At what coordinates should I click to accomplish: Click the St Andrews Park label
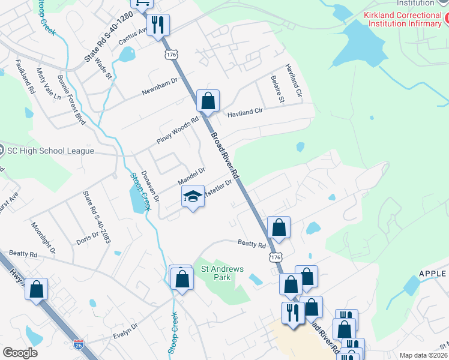click(x=222, y=274)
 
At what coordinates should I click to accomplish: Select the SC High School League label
click(x=50, y=151)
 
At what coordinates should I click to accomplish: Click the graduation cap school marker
click(x=193, y=196)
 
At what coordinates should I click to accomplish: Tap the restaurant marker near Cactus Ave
click(x=158, y=25)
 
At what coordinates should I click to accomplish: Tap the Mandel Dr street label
click(x=191, y=176)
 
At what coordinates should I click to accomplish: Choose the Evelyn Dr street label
click(x=126, y=331)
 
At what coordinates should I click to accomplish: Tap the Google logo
click(x=20, y=352)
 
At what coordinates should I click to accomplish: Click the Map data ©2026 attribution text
click(x=423, y=355)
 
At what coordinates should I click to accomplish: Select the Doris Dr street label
click(x=87, y=238)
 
